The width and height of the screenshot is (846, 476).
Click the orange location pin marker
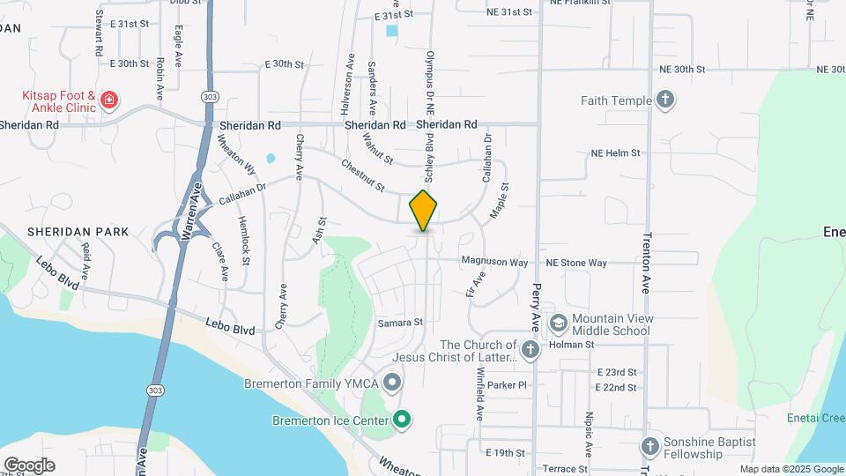[424, 210]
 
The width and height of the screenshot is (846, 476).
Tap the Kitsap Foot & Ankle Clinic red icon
[109, 100]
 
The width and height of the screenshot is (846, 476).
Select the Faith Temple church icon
[666, 100]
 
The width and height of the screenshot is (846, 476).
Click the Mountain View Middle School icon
[557, 324]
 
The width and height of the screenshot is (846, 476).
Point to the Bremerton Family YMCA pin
[393, 383]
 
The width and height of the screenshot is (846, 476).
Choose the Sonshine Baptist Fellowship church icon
[650, 447]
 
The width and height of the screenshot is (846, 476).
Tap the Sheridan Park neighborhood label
[78, 232]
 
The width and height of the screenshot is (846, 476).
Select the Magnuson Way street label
[494, 263]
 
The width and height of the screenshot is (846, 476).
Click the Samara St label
[401, 323]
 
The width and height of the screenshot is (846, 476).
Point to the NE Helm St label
[615, 153]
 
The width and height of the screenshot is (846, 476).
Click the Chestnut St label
[363, 175]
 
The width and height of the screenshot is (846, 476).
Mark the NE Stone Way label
[576, 263]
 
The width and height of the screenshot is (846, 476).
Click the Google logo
[29, 465]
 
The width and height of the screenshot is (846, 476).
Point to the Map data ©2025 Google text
[790, 470]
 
